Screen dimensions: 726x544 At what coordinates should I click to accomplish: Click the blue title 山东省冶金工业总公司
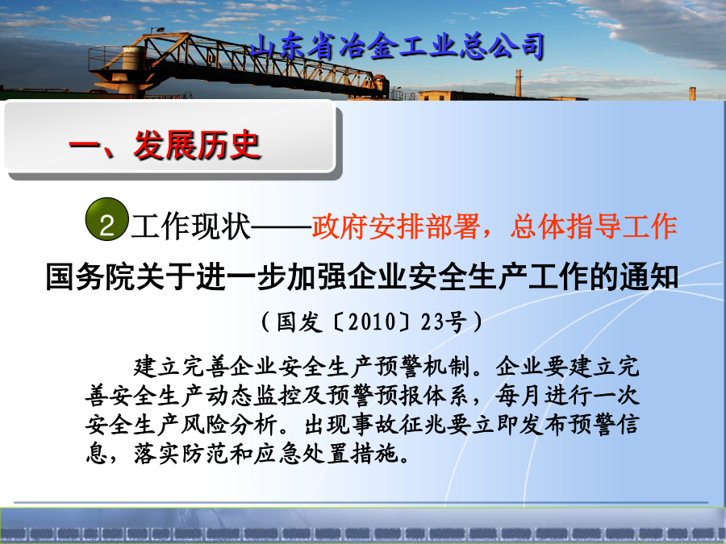pos(397,47)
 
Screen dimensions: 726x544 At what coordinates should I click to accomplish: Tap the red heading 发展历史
pos(197,145)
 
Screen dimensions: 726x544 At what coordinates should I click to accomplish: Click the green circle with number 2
pos(107,219)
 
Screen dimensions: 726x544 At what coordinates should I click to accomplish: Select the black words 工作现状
pos(190,226)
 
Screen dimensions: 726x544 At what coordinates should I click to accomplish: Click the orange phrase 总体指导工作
pos(594,226)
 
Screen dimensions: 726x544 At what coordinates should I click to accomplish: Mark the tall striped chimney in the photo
pos(518,83)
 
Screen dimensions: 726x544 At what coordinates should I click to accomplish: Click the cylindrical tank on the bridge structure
pos(133,58)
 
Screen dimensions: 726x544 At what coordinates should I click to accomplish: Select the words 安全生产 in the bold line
pos(453,276)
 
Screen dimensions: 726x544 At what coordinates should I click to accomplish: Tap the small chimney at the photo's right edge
pos(692,93)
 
